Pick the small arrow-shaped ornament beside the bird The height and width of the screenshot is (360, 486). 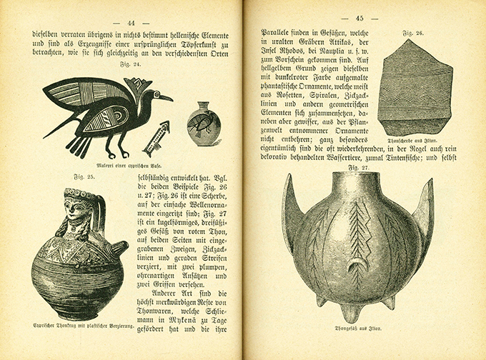pos(156,137)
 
